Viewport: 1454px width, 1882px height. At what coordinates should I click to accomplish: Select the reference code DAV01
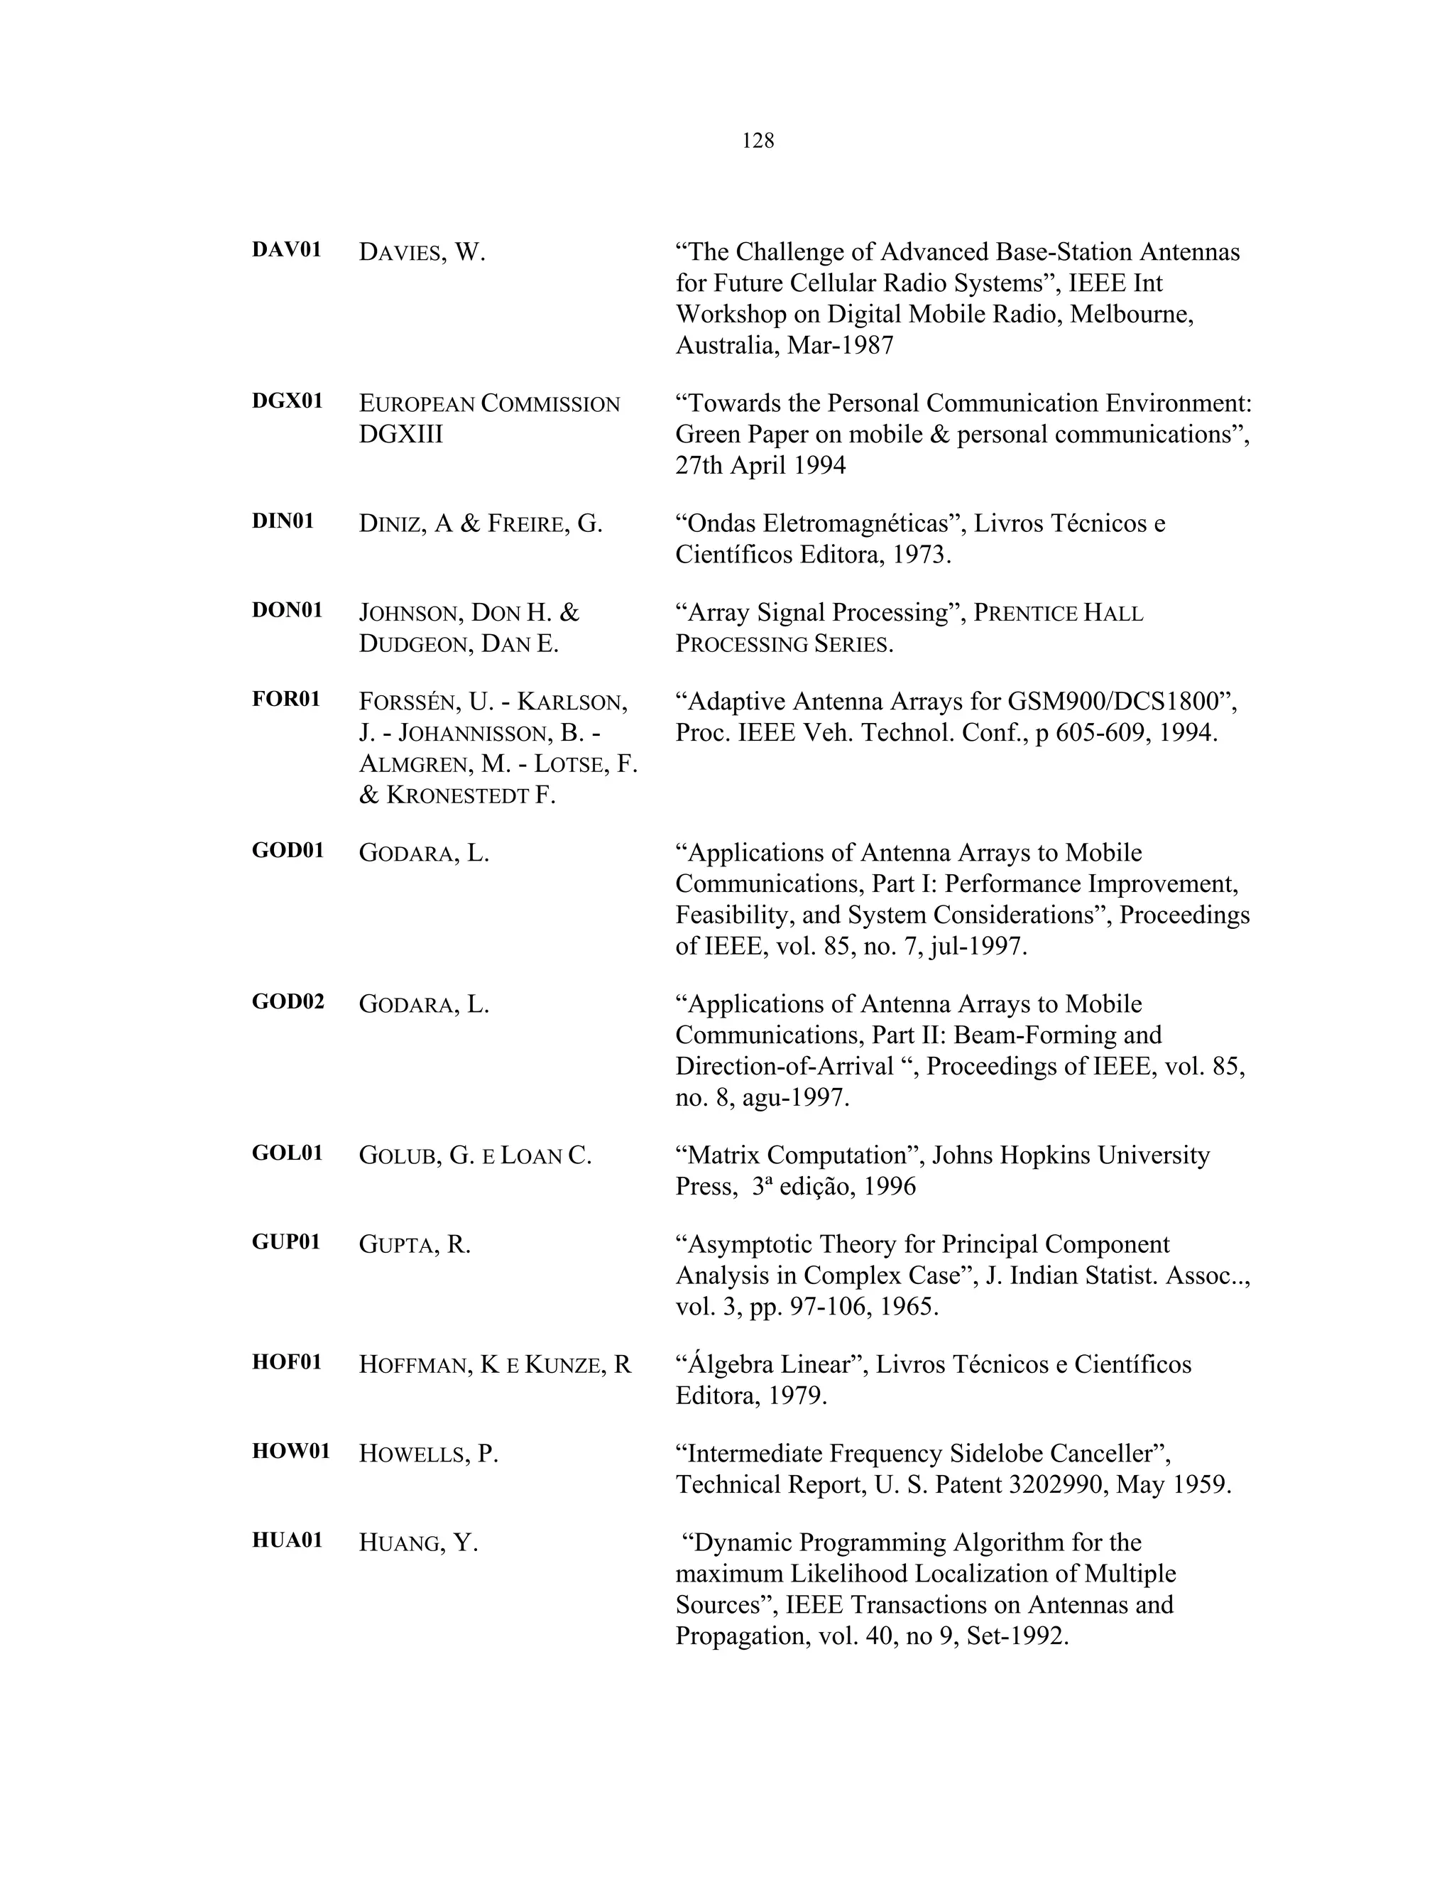(x=286, y=250)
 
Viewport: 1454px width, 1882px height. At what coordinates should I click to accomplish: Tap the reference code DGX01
(x=287, y=401)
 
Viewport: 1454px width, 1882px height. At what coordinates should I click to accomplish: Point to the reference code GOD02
(x=288, y=1001)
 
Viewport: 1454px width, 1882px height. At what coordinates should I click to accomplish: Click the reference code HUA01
(x=287, y=1540)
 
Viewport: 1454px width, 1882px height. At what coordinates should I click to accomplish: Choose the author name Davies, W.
(x=422, y=253)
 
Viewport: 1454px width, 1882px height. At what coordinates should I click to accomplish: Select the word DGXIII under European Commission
(x=400, y=435)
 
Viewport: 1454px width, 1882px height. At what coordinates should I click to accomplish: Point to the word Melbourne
(x=1131, y=315)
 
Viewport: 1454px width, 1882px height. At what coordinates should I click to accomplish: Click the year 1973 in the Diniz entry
(x=920, y=555)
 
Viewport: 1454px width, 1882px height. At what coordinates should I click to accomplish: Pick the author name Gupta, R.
(x=415, y=1245)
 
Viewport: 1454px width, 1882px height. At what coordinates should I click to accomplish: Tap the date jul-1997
(x=979, y=946)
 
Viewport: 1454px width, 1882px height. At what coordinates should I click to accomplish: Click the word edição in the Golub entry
(x=815, y=1187)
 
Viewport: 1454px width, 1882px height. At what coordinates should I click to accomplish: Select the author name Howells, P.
(x=428, y=1454)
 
